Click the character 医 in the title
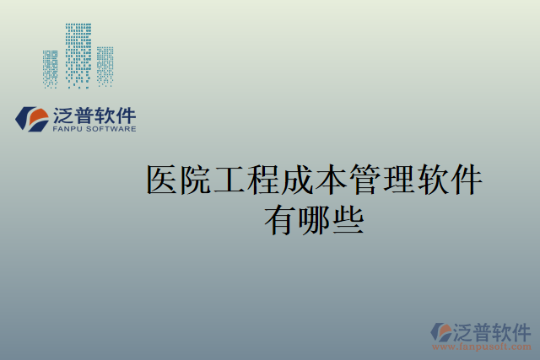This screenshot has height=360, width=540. pos(164,180)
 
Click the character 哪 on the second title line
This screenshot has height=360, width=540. pos(314,220)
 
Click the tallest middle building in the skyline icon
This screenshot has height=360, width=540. pos(78,55)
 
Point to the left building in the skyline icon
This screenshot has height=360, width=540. pos(51,68)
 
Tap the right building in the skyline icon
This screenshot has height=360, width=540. pos(105,66)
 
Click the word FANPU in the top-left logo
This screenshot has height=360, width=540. pos(67,130)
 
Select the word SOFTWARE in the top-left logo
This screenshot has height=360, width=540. pos(110,130)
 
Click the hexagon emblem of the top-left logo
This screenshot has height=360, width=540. pos(32,119)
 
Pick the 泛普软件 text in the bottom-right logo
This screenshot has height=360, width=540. pos(494,330)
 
